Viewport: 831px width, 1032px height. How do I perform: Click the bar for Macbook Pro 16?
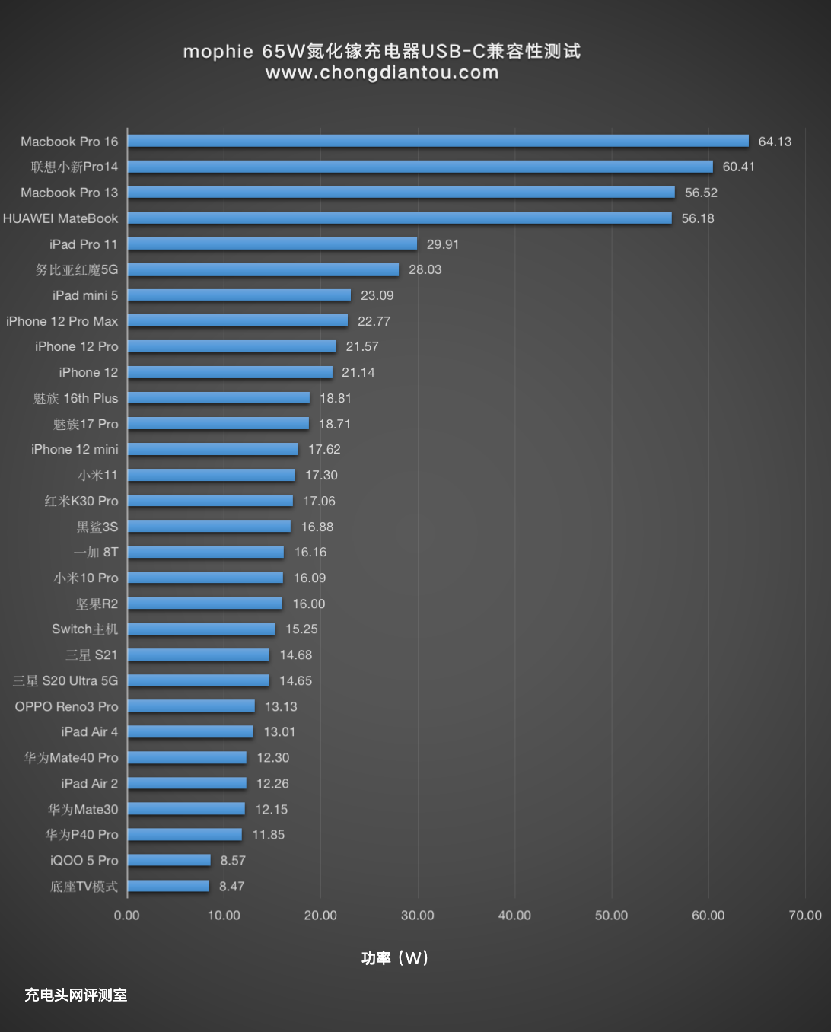[438, 141]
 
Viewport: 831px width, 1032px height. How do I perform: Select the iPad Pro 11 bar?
[272, 244]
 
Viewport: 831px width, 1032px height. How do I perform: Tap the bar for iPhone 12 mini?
[213, 449]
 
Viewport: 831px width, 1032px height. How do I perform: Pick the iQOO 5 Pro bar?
[169, 860]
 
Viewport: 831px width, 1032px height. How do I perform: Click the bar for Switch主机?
[202, 629]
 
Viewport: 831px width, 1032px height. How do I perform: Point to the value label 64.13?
[775, 142]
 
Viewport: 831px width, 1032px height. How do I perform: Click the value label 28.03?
[425, 269]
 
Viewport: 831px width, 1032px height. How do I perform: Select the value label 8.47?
[231, 886]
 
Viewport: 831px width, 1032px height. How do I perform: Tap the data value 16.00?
[309, 604]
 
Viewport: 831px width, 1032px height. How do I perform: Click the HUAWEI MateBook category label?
[61, 218]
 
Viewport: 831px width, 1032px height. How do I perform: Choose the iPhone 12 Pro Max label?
[62, 321]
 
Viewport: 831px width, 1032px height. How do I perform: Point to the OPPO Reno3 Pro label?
[67, 706]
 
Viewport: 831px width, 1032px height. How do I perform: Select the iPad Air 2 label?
[90, 783]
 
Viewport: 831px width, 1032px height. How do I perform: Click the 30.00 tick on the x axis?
[418, 915]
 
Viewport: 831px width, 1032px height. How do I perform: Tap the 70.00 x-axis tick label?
[804, 915]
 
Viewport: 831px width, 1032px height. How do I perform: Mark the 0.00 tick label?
[127, 915]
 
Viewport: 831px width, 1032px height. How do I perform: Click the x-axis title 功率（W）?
[395, 957]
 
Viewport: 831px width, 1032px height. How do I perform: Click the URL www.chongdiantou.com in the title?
[382, 73]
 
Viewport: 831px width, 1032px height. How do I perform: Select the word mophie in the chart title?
[218, 51]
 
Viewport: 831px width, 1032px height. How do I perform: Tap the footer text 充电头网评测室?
[75, 995]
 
